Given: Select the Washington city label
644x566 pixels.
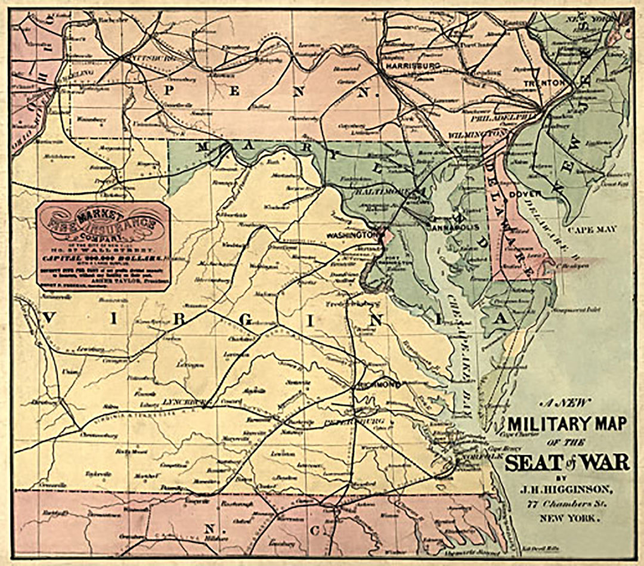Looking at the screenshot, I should pyautogui.click(x=349, y=235).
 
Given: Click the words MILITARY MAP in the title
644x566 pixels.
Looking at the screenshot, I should pyautogui.click(x=566, y=423).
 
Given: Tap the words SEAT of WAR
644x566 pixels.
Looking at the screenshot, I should pyautogui.click(x=566, y=462).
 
